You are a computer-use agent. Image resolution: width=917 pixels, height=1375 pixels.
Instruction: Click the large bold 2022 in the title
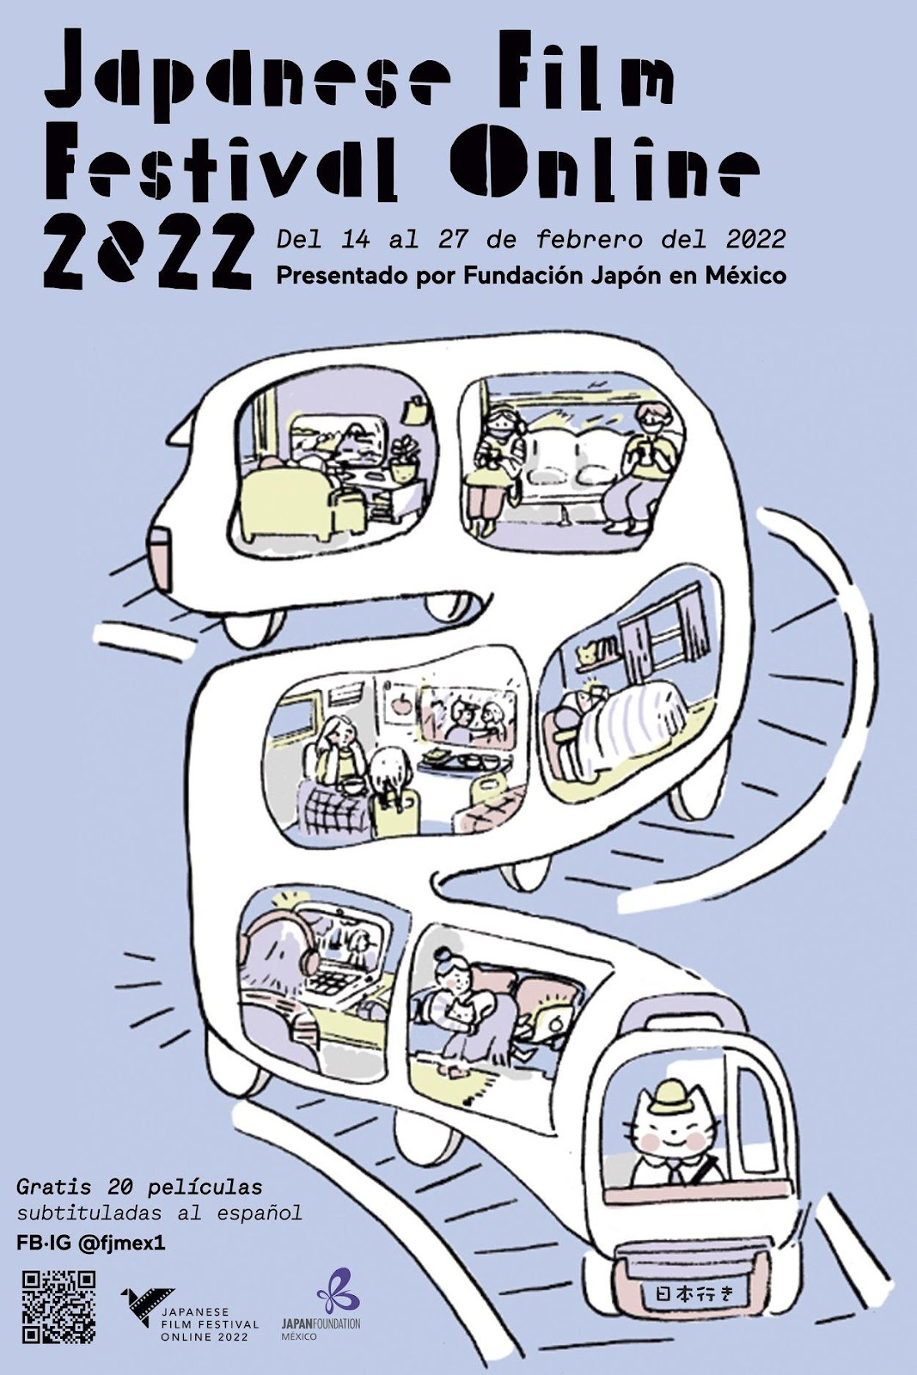click(148, 253)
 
